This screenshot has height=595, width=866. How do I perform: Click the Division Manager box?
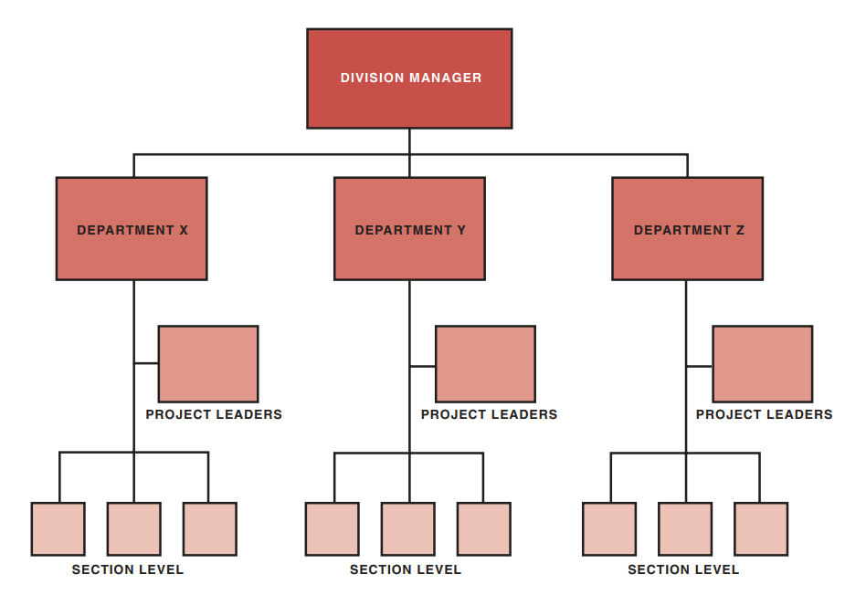pyautogui.click(x=409, y=78)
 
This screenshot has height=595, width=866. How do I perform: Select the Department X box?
pyautogui.click(x=132, y=229)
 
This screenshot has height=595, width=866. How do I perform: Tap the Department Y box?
pyautogui.click(x=409, y=229)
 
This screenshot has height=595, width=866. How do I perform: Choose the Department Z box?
pyautogui.click(x=687, y=229)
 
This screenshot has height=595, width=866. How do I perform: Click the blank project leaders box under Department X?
pyautogui.click(x=208, y=364)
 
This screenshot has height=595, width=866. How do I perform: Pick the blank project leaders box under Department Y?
pyautogui.click(x=485, y=364)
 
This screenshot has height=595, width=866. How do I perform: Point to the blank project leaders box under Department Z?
pyautogui.click(x=763, y=364)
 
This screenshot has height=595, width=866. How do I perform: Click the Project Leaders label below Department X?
pyautogui.click(x=214, y=414)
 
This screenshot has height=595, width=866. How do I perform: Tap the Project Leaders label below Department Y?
pyautogui.click(x=489, y=414)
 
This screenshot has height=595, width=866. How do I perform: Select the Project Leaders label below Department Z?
pyautogui.click(x=764, y=414)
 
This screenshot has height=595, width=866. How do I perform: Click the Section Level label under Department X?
pyautogui.click(x=128, y=569)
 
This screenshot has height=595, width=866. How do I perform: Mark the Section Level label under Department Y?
pyautogui.click(x=406, y=569)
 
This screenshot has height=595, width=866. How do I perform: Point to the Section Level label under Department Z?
pyautogui.click(x=683, y=569)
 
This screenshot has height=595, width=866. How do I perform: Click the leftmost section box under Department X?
pyautogui.click(x=58, y=529)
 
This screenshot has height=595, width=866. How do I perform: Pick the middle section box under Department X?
pyautogui.click(x=134, y=529)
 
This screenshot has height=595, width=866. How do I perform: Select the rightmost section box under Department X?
pyautogui.click(x=210, y=529)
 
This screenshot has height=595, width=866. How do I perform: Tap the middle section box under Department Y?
pyautogui.click(x=408, y=529)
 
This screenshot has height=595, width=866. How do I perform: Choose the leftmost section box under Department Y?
pyautogui.click(x=333, y=529)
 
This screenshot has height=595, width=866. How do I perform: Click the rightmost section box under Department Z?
pyautogui.click(x=761, y=529)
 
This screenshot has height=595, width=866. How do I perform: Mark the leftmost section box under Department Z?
pyautogui.click(x=609, y=529)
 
